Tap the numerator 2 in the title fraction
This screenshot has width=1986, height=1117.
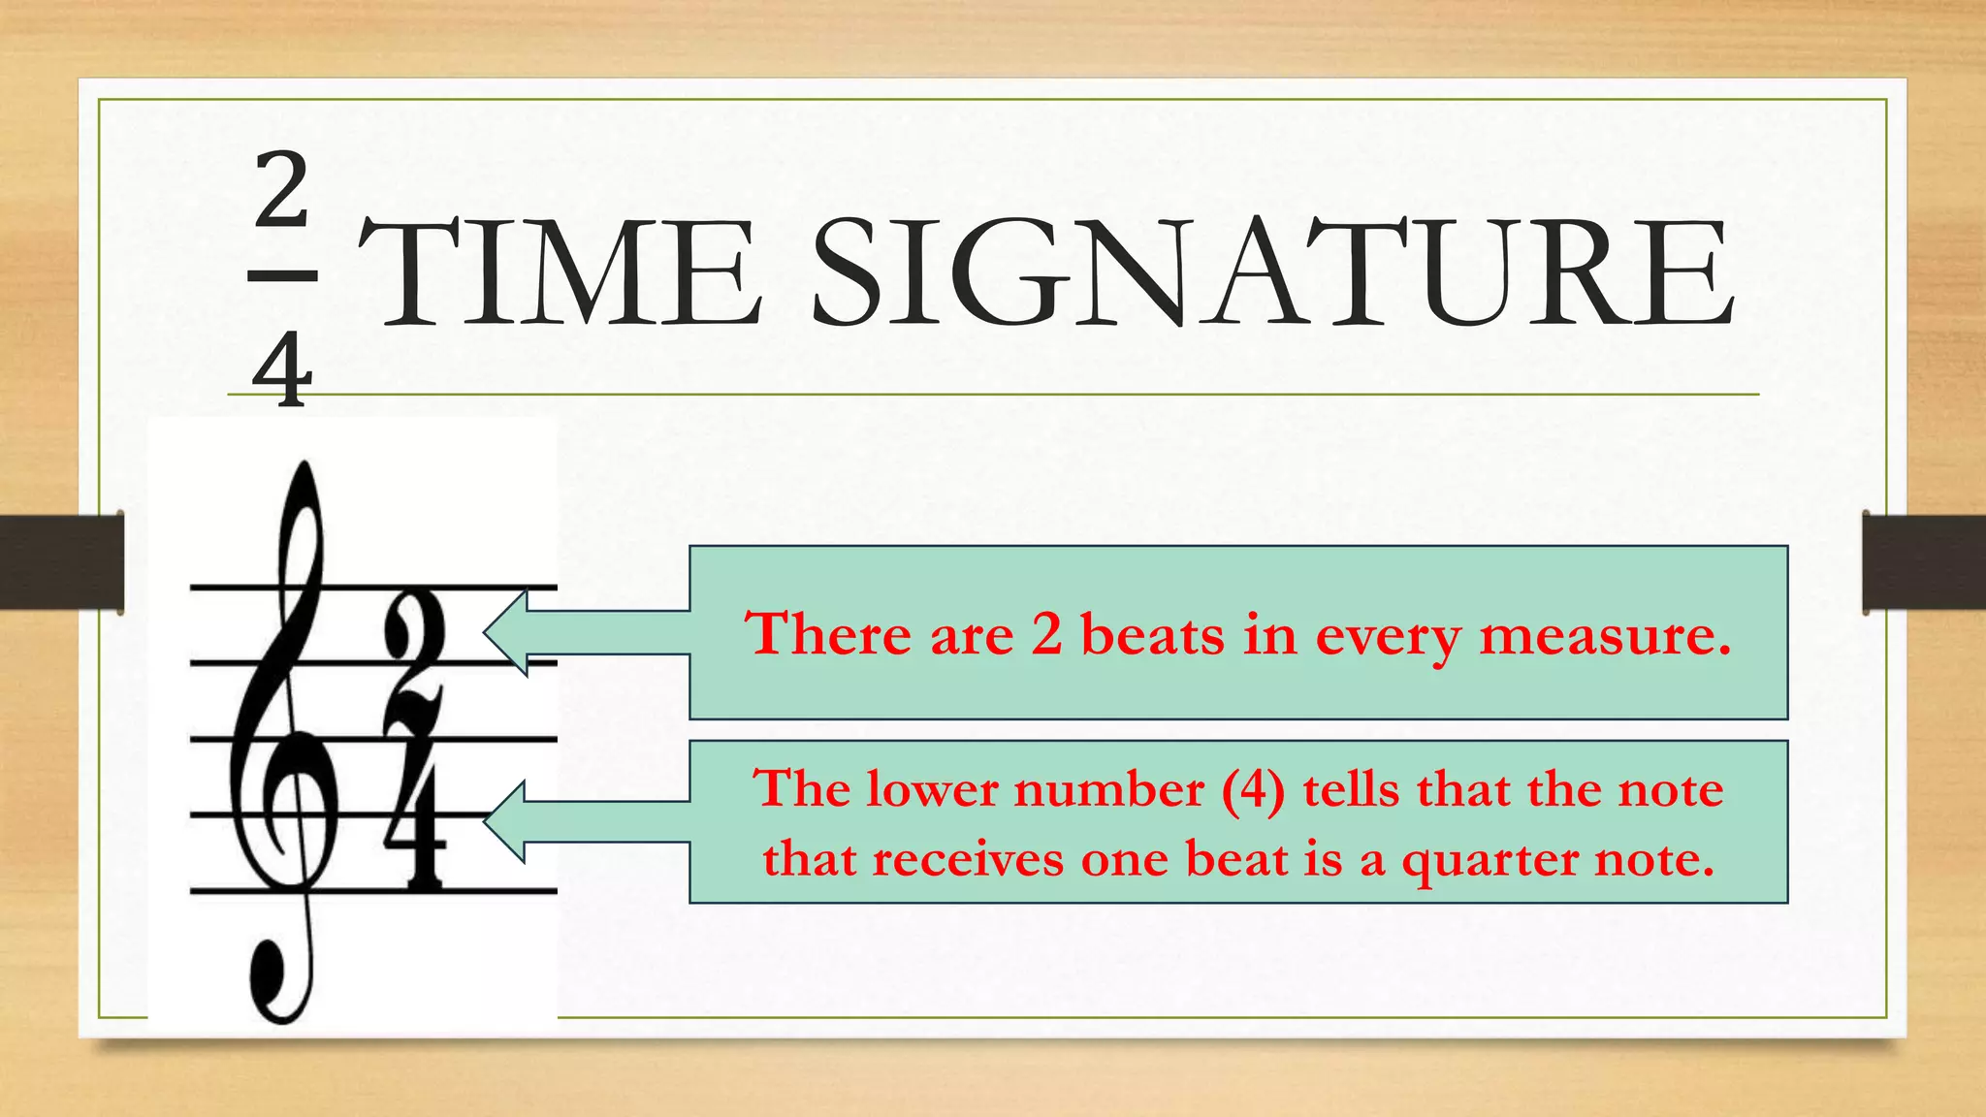point(282,191)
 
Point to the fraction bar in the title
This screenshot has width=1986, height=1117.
point(282,276)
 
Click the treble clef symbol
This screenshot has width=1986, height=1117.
point(281,737)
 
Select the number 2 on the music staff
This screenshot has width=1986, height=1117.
point(415,665)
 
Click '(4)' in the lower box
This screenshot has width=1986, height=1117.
point(1253,788)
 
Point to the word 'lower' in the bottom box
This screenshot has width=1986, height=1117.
point(932,788)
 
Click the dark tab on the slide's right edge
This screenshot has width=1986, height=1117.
point(1924,562)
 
